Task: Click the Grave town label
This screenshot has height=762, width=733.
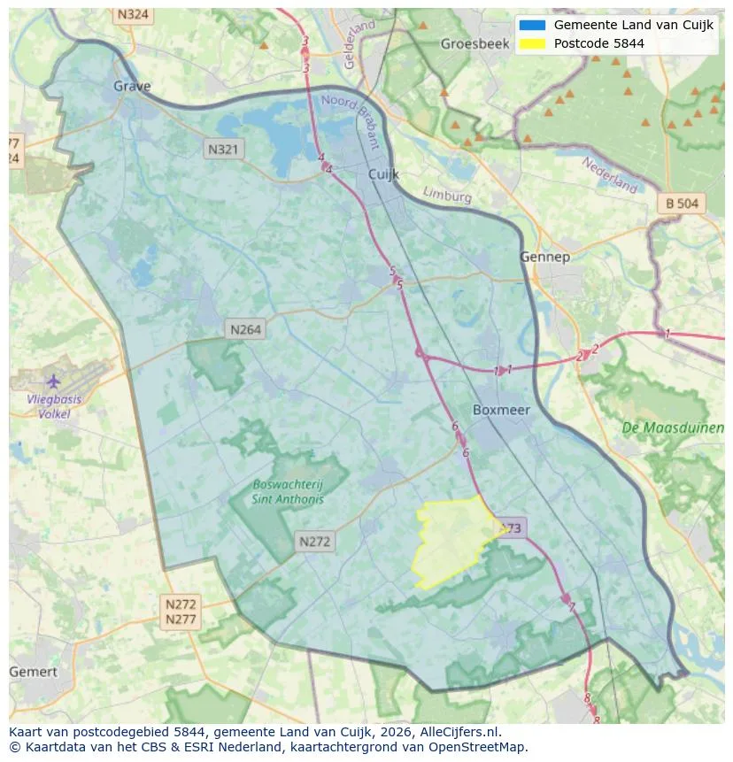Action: pos(132,86)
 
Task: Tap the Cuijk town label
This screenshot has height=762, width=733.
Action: pos(383,174)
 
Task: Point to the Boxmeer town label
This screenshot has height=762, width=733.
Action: pos(500,410)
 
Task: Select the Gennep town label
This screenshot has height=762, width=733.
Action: pos(544,257)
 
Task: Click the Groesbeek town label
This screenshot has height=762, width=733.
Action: pos(472,43)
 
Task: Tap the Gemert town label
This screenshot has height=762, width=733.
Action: pos(33,672)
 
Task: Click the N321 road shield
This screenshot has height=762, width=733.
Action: pos(222,150)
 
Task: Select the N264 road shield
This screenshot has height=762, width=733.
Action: pos(245,329)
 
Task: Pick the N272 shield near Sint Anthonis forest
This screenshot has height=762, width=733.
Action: pos(314,542)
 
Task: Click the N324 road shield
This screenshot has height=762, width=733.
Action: pos(133,15)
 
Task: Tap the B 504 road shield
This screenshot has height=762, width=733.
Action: pos(682,204)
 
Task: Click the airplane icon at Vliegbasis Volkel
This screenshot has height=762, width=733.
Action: pos(53,381)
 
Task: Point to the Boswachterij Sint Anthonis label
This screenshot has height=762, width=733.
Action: pos(288,491)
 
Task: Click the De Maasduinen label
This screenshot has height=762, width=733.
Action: pos(673,427)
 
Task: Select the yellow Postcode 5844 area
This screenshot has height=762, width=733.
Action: pos(451,540)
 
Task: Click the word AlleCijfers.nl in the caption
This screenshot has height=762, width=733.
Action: pos(460,732)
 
